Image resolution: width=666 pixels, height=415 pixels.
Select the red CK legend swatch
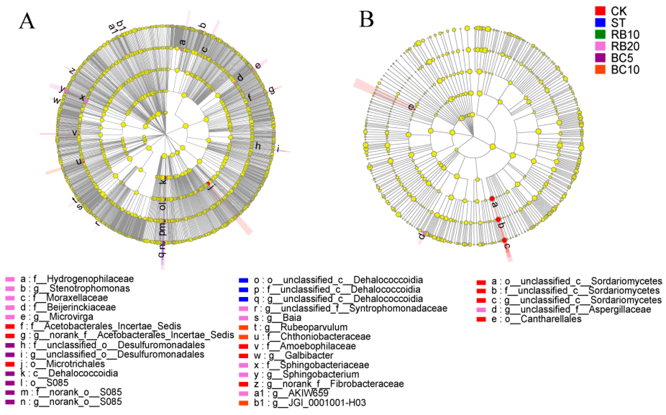pyautogui.click(x=600, y=11)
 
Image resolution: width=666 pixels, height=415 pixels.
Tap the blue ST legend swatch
pyautogui.click(x=600, y=23)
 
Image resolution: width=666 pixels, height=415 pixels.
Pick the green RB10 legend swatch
pyautogui.click(x=600, y=34)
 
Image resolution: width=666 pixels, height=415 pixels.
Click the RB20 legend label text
pyautogui.click(x=625, y=46)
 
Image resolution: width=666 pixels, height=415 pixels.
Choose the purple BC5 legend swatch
pyautogui.click(x=600, y=58)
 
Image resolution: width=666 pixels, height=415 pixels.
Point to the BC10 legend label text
pyautogui.click(x=625, y=70)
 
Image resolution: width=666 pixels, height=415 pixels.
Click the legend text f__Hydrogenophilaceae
pyautogui.click(x=84, y=279)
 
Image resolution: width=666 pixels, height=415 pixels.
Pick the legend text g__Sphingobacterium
pyautogui.click(x=313, y=374)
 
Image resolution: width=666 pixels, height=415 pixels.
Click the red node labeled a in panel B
pyautogui.click(x=492, y=198)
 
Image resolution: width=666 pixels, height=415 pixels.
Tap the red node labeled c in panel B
pyautogui.click(x=504, y=240)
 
